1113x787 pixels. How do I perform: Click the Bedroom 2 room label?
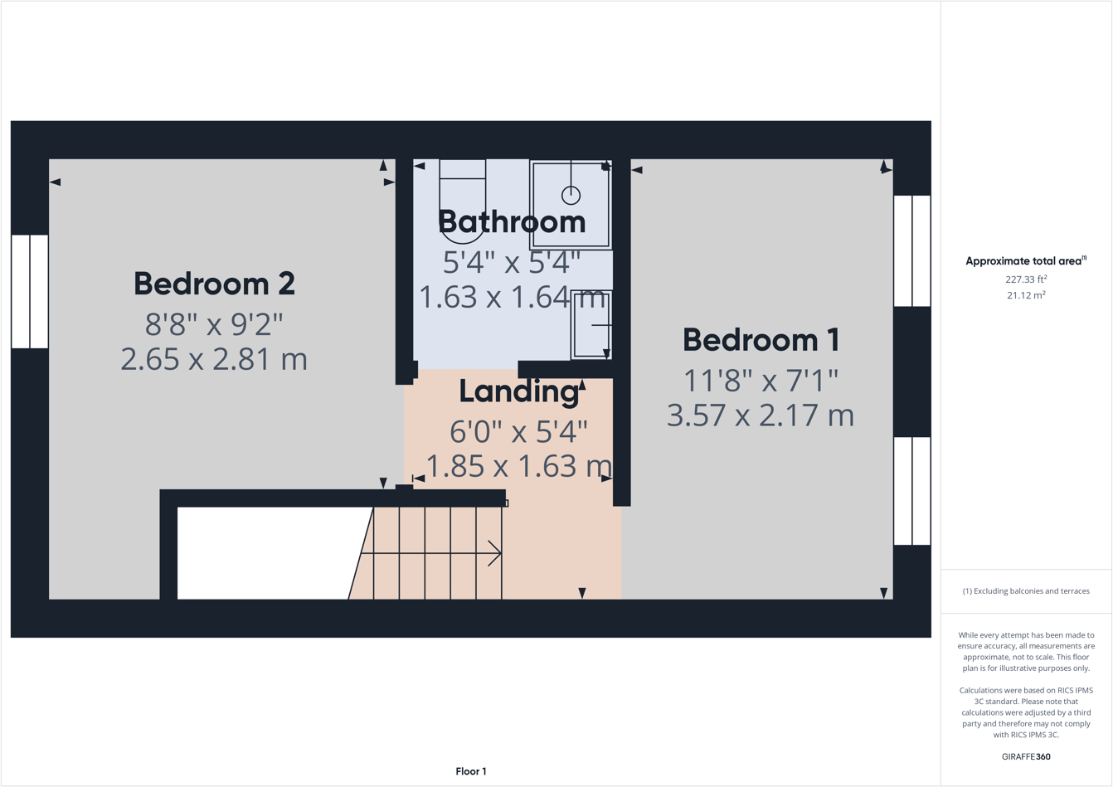pos(214,284)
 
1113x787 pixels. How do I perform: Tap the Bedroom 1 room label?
pos(761,340)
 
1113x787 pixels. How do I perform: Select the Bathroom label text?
pos(512,222)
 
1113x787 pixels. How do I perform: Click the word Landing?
pos(519,391)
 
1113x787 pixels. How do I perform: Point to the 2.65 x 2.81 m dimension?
pos(214,360)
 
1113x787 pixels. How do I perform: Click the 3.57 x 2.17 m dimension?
pos(761,415)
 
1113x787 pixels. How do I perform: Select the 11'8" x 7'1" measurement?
pos(761,381)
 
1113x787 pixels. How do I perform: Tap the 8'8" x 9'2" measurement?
pos(214,324)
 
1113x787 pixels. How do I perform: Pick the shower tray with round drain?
pos(571,205)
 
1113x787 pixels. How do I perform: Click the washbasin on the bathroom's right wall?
pos(591,325)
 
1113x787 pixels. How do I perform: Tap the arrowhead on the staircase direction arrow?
pos(496,553)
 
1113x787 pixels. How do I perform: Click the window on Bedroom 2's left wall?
pos(30,291)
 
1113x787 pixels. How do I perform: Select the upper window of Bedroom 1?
pos(911,250)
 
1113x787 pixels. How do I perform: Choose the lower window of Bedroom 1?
pos(911,491)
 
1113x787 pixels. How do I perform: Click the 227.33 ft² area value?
pos(1026,279)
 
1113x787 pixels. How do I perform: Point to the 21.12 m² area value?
pos(1026,295)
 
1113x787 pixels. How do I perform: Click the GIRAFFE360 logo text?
pos(1026,756)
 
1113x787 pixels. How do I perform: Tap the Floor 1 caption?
pos(471,771)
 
